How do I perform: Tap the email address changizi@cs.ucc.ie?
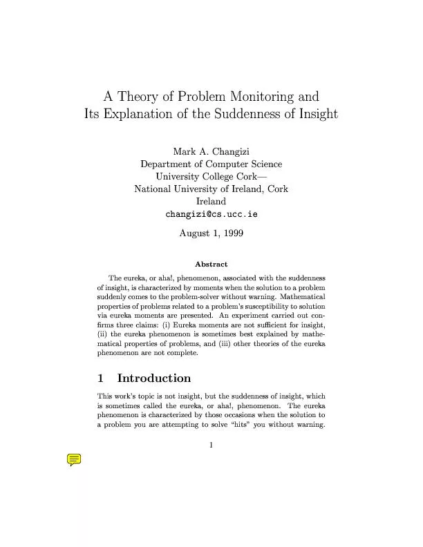coord(211,214)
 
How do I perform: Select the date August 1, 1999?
coord(211,234)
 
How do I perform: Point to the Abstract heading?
coord(211,264)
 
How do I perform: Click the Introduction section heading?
coord(154,378)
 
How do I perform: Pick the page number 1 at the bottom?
coord(211,444)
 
